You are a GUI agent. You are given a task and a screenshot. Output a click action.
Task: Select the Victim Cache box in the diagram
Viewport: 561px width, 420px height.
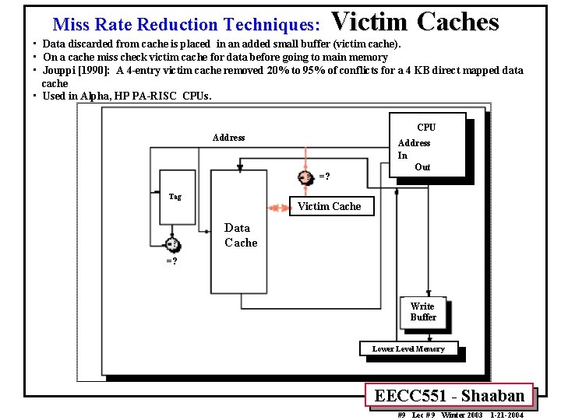pyautogui.click(x=330, y=206)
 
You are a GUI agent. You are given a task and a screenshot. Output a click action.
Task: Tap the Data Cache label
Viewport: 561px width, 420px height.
pyautogui.click(x=240, y=235)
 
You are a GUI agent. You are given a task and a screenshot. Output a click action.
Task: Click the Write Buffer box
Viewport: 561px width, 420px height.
pyautogui.click(x=423, y=311)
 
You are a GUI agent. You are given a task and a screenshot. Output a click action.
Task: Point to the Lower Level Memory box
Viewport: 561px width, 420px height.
pyautogui.click(x=408, y=348)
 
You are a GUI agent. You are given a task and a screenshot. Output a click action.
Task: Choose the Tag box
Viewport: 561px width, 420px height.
pyautogui.click(x=175, y=196)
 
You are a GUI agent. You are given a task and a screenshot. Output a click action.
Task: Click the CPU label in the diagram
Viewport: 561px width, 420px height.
pyautogui.click(x=426, y=127)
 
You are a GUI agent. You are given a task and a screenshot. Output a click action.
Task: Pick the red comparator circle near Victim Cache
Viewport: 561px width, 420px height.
pyautogui.click(x=306, y=177)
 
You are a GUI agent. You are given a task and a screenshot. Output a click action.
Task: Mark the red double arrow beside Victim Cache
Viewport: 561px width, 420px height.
pyautogui.click(x=278, y=208)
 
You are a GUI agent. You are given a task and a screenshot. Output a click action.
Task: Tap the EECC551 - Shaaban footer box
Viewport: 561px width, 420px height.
pyautogui.click(x=449, y=395)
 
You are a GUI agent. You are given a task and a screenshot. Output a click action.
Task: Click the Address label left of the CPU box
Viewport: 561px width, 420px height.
pyautogui.click(x=228, y=138)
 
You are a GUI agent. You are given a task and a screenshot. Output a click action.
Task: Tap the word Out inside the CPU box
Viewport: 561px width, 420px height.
pyautogui.click(x=422, y=166)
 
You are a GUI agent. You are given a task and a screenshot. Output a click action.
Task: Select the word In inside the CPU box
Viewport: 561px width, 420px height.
pyautogui.click(x=402, y=155)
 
